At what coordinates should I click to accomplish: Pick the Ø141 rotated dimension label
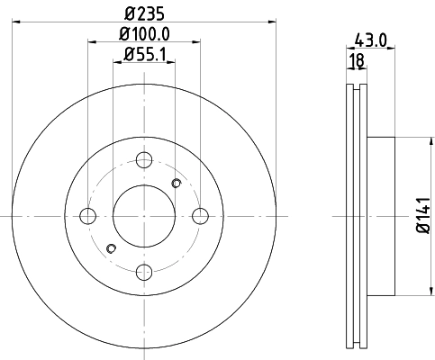point(419,216)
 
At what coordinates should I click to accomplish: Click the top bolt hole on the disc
point(144,160)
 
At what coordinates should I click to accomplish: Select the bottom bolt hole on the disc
point(144,272)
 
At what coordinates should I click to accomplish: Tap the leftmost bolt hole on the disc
point(88,216)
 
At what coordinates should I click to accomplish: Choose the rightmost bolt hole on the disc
point(200,216)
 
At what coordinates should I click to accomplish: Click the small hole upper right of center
point(177,184)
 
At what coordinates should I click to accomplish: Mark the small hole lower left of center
point(112,248)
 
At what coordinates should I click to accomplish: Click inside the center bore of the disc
point(144,216)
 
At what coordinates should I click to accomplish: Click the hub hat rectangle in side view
point(381,216)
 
